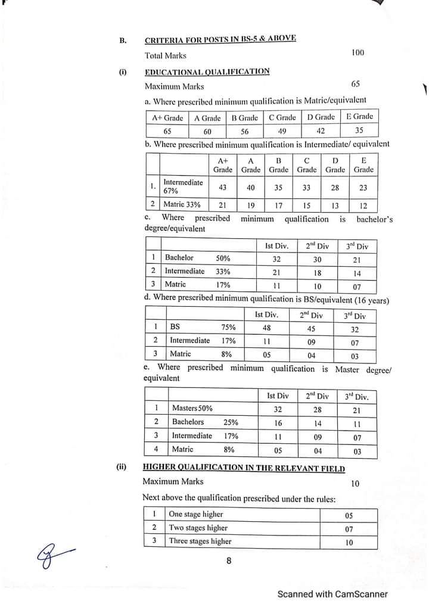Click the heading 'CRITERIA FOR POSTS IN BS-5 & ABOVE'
220,40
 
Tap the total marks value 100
357,53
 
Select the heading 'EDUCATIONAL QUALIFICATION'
207,71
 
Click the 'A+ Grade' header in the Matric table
165,118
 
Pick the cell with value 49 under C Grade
282,131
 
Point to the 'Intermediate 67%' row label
183,187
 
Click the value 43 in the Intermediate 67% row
222,187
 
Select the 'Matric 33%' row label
182,204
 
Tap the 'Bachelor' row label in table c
179,258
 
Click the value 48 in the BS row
267,327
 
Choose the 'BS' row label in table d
175,327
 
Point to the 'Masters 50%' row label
192,408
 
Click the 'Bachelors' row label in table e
188,422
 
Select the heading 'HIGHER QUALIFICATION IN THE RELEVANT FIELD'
244,468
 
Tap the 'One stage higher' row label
195,514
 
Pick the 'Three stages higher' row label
200,541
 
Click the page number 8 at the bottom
229,561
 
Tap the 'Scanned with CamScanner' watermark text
332,594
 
